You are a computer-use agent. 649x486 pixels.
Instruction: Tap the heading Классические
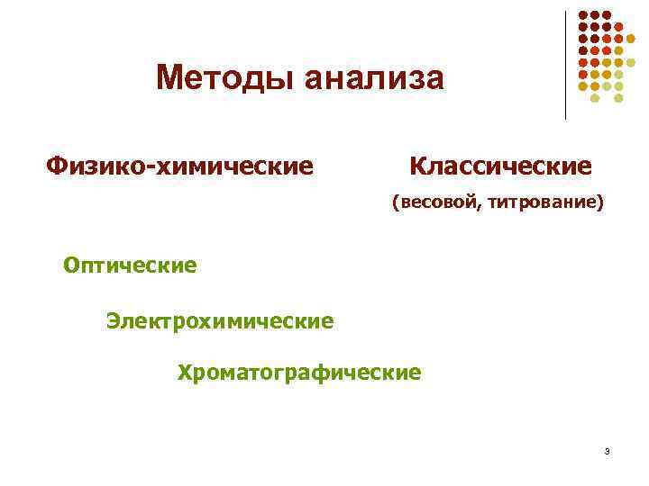click(x=500, y=166)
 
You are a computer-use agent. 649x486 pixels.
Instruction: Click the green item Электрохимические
click(x=220, y=319)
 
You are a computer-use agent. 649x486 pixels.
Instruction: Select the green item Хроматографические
click(x=299, y=372)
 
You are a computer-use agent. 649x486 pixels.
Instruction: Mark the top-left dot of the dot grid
click(x=582, y=15)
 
